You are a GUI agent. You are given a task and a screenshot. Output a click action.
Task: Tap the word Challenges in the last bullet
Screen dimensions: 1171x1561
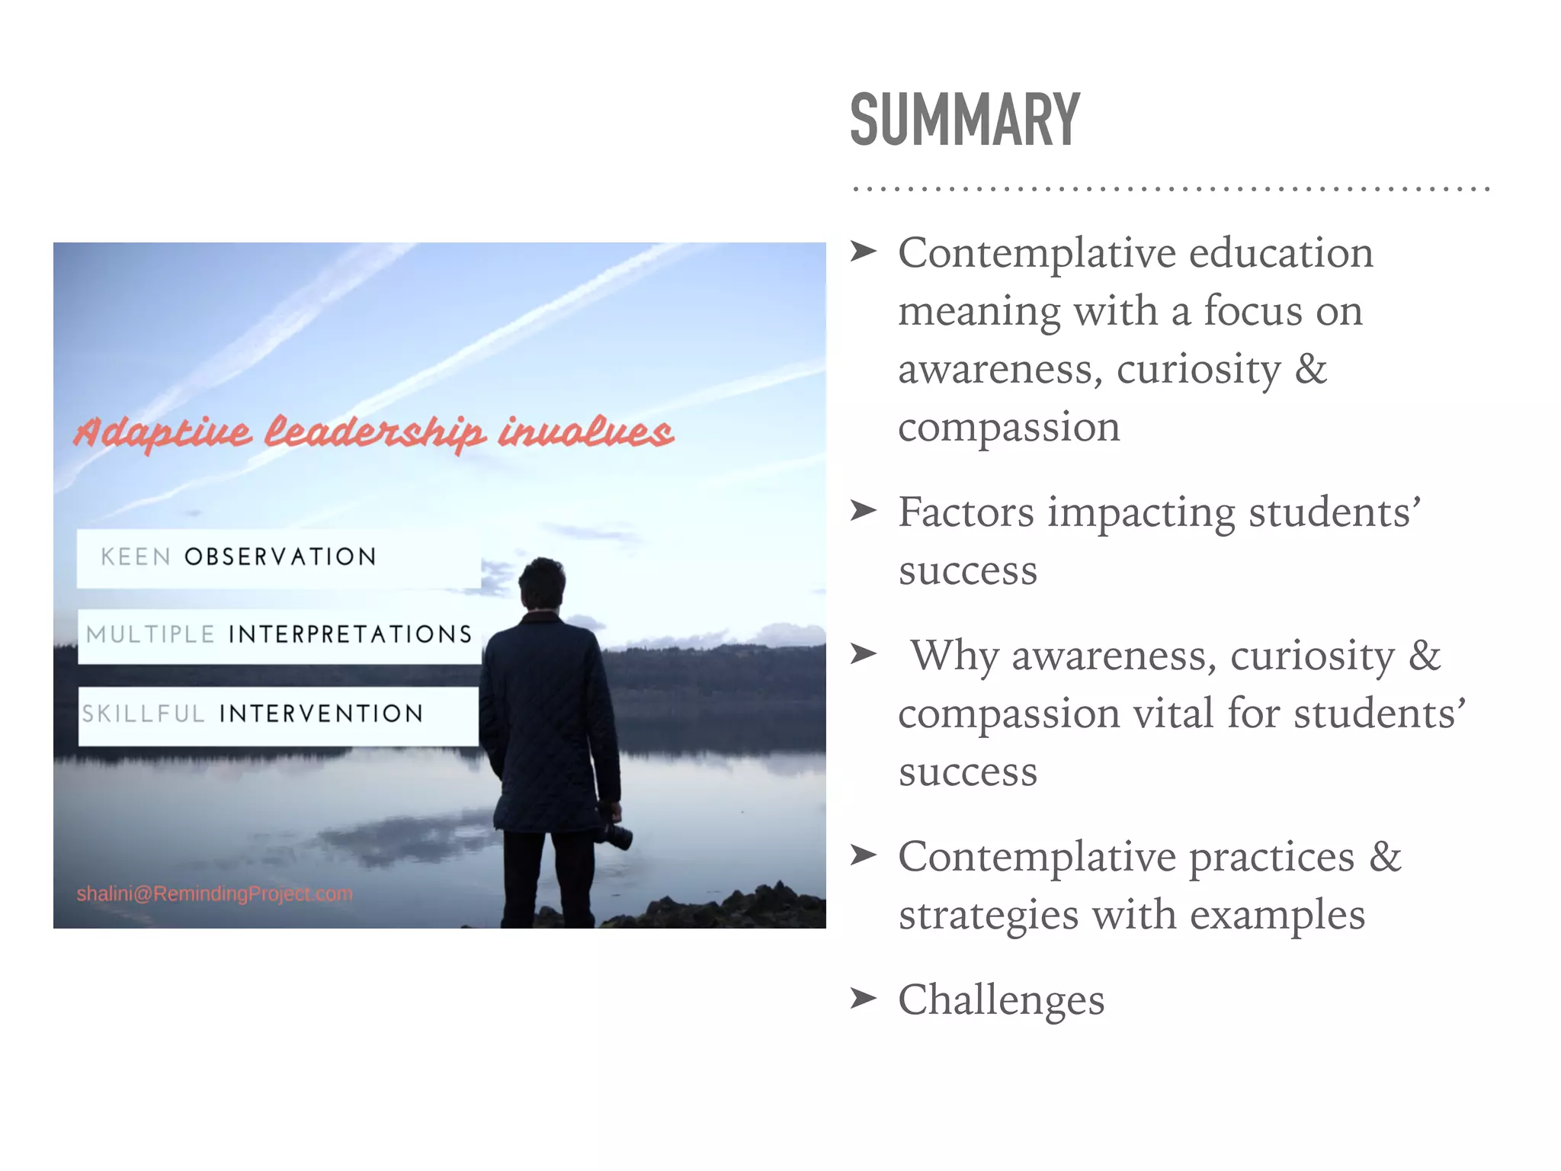(1001, 999)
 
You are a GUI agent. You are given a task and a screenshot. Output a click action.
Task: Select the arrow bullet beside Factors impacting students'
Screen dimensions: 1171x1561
(864, 510)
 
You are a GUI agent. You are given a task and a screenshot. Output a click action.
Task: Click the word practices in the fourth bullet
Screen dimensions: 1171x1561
(1271, 857)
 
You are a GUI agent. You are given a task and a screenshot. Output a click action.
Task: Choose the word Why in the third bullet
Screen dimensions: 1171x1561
(954, 656)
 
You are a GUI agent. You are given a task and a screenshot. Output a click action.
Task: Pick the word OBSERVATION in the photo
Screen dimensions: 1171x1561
(280, 557)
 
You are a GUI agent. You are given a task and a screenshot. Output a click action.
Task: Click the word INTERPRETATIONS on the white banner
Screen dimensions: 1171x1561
(350, 634)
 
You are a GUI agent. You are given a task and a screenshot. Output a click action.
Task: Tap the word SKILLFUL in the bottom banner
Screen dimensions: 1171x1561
(143, 714)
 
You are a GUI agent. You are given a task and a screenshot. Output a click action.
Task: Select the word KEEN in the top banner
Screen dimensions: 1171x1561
(136, 557)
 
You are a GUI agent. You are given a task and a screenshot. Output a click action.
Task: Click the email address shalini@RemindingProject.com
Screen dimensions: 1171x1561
(214, 893)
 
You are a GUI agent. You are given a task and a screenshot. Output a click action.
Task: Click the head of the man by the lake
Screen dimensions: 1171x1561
(542, 583)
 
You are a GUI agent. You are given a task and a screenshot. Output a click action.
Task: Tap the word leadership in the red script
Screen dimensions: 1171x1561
(374, 432)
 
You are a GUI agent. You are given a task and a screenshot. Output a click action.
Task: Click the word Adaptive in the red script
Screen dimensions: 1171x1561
(162, 433)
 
